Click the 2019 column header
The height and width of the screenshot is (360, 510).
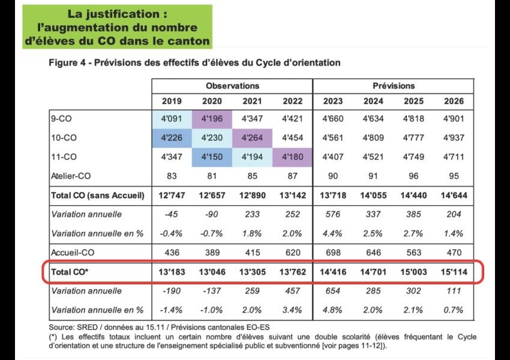[x=172, y=101]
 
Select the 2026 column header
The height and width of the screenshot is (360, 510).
[x=454, y=101]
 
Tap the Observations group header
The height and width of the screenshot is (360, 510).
[x=232, y=86]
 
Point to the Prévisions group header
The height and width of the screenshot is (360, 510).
[x=394, y=86]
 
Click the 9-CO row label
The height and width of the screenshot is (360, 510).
[x=61, y=118]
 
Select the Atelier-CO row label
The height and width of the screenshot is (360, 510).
[x=71, y=176]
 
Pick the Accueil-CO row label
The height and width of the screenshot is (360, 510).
[x=73, y=253]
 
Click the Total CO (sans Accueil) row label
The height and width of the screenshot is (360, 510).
[x=98, y=196]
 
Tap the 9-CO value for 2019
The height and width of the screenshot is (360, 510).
[x=172, y=118]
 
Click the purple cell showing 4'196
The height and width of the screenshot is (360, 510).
[x=212, y=119]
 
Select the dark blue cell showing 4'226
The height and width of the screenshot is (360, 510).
[x=172, y=138]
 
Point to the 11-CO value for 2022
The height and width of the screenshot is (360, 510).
[x=292, y=157]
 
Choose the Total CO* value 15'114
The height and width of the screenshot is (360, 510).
[x=454, y=272]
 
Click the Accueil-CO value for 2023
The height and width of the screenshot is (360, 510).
[x=333, y=253]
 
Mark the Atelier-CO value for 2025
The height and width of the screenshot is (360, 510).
[x=413, y=176]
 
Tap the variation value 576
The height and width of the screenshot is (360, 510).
[x=333, y=214]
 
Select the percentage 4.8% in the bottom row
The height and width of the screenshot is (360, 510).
[x=332, y=310]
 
